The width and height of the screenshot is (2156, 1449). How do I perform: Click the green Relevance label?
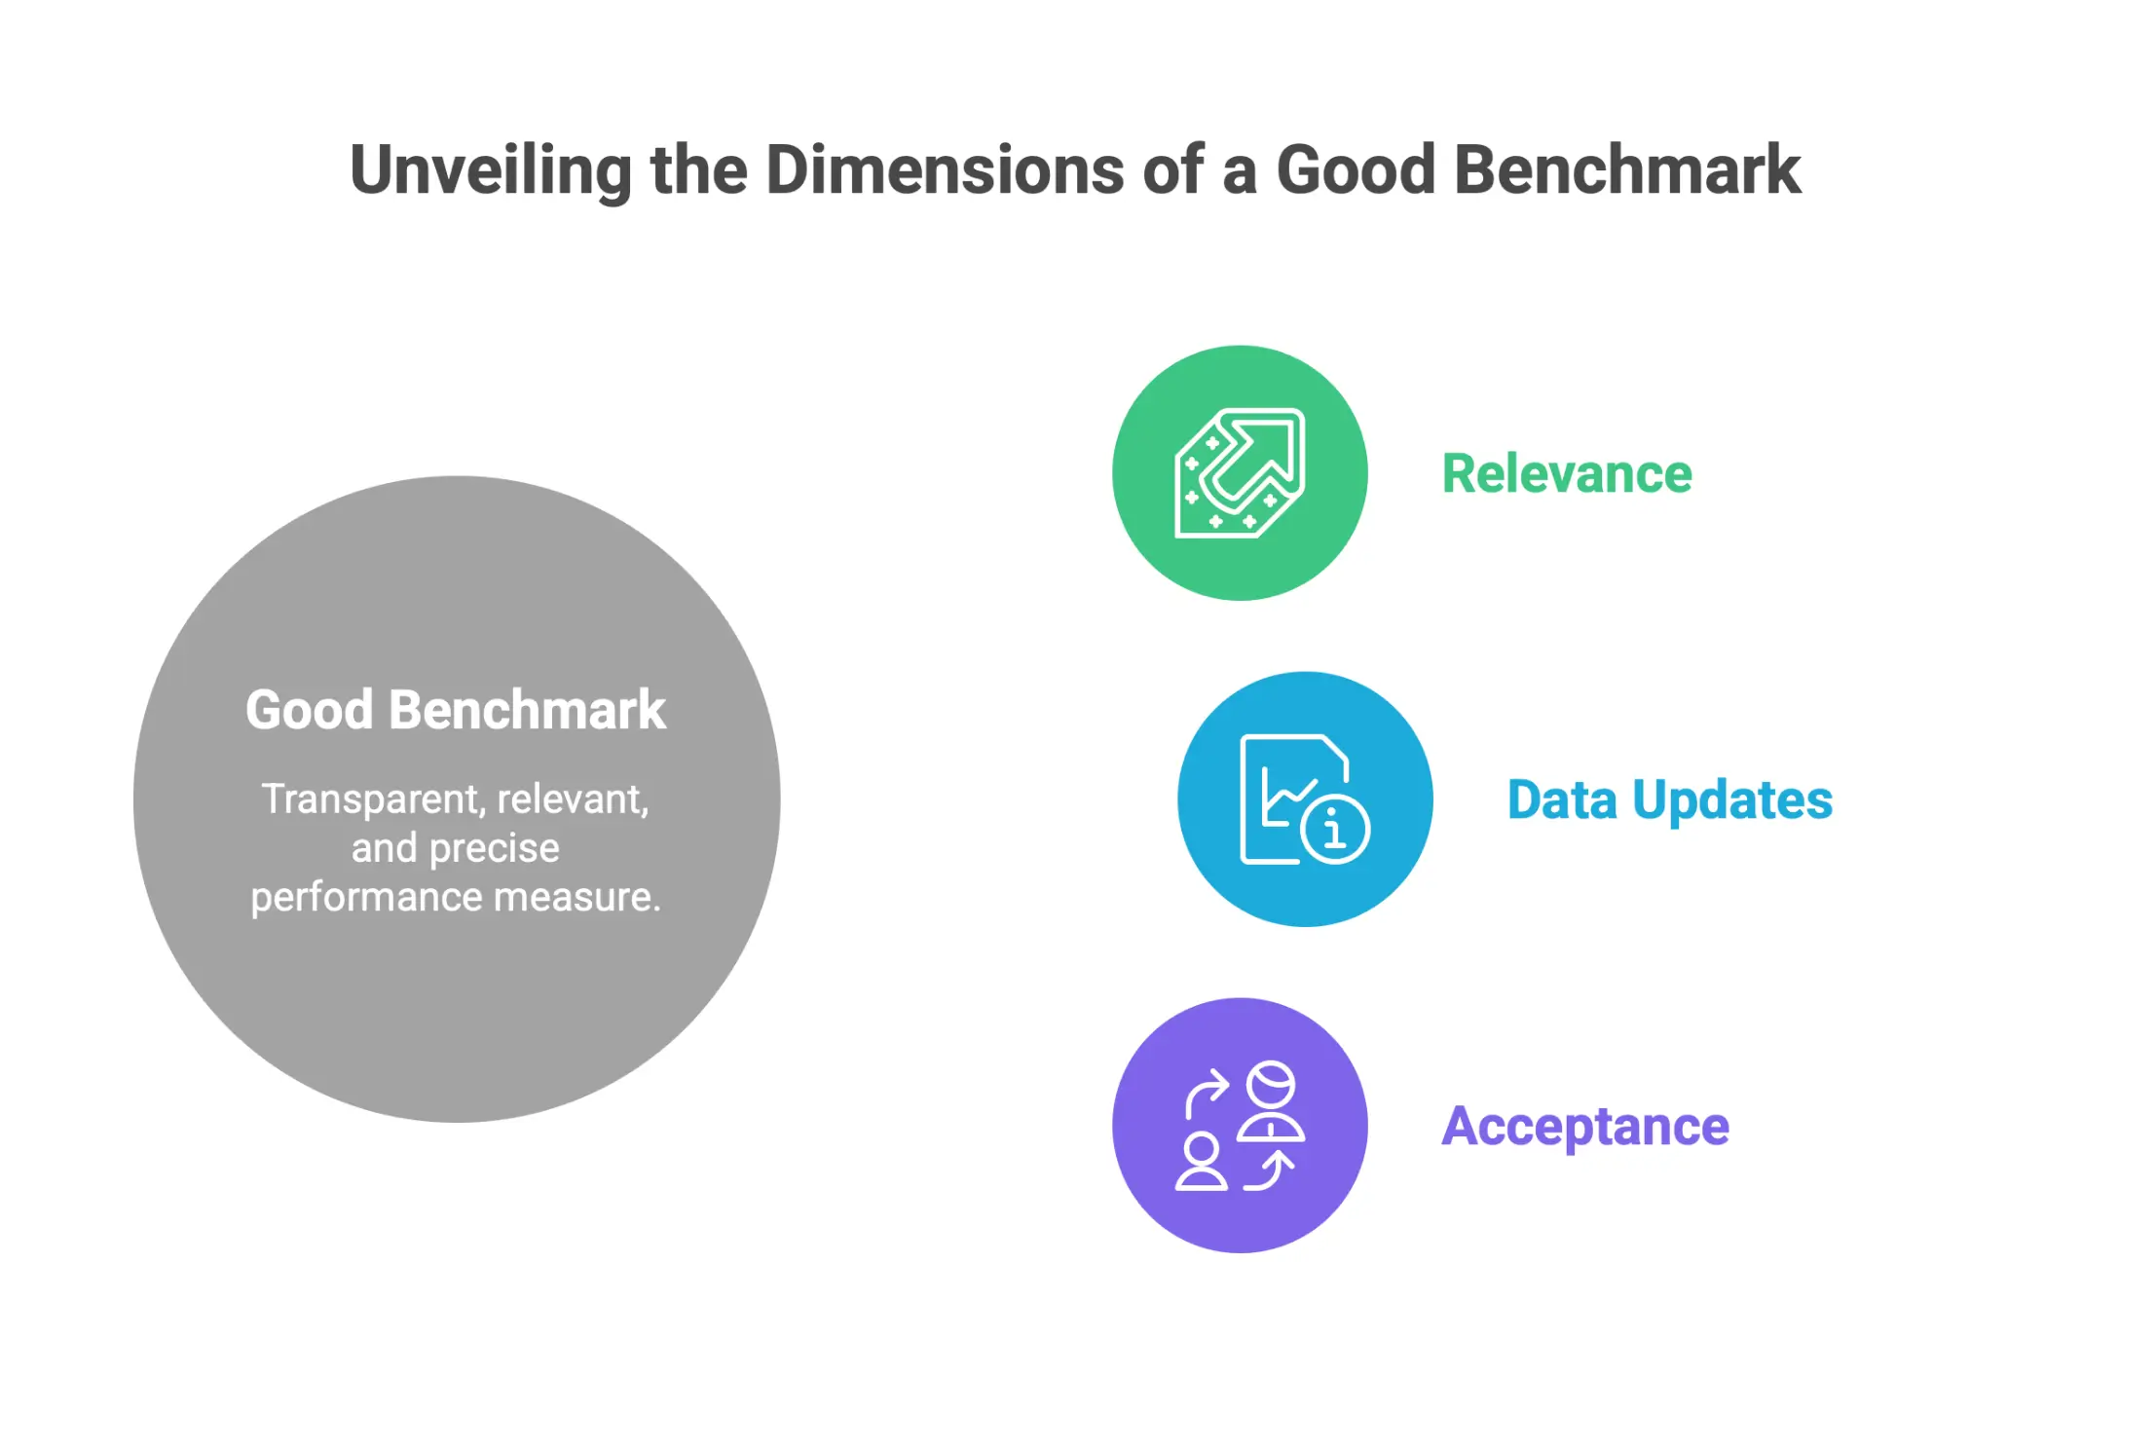(x=1566, y=474)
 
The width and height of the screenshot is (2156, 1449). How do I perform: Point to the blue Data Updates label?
(x=1669, y=800)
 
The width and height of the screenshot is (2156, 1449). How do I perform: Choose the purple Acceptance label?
(x=1584, y=1127)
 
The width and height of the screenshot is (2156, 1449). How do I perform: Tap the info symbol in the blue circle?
(x=1334, y=830)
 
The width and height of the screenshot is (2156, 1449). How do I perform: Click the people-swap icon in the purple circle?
(x=1239, y=1127)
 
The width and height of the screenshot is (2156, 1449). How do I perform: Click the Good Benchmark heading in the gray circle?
(x=456, y=710)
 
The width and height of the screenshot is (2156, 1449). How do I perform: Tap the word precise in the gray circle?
(x=494, y=848)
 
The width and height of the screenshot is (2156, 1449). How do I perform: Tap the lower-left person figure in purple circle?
(x=1201, y=1162)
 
